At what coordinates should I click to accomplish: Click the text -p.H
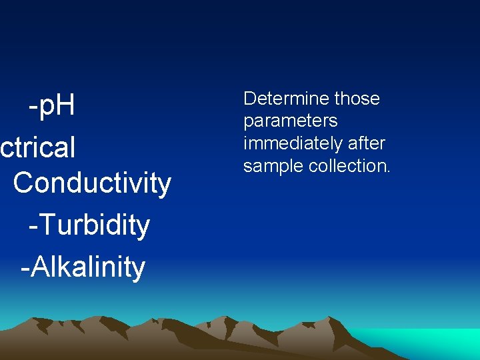coord(51,106)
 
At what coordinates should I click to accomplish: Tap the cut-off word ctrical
coord(38,147)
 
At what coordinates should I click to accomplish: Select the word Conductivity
coord(92,183)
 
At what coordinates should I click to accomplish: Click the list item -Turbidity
coord(89,225)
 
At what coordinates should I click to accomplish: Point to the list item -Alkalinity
coord(83,267)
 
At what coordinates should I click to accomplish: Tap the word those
coord(357,99)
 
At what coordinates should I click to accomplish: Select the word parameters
coord(290,121)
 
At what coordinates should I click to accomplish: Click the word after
coord(366,143)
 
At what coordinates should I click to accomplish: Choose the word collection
coord(346,166)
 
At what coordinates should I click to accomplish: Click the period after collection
coord(389,171)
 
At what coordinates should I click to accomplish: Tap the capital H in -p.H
coord(65,105)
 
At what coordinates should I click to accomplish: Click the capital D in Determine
coord(251,99)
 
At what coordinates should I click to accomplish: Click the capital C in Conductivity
coord(23,183)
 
